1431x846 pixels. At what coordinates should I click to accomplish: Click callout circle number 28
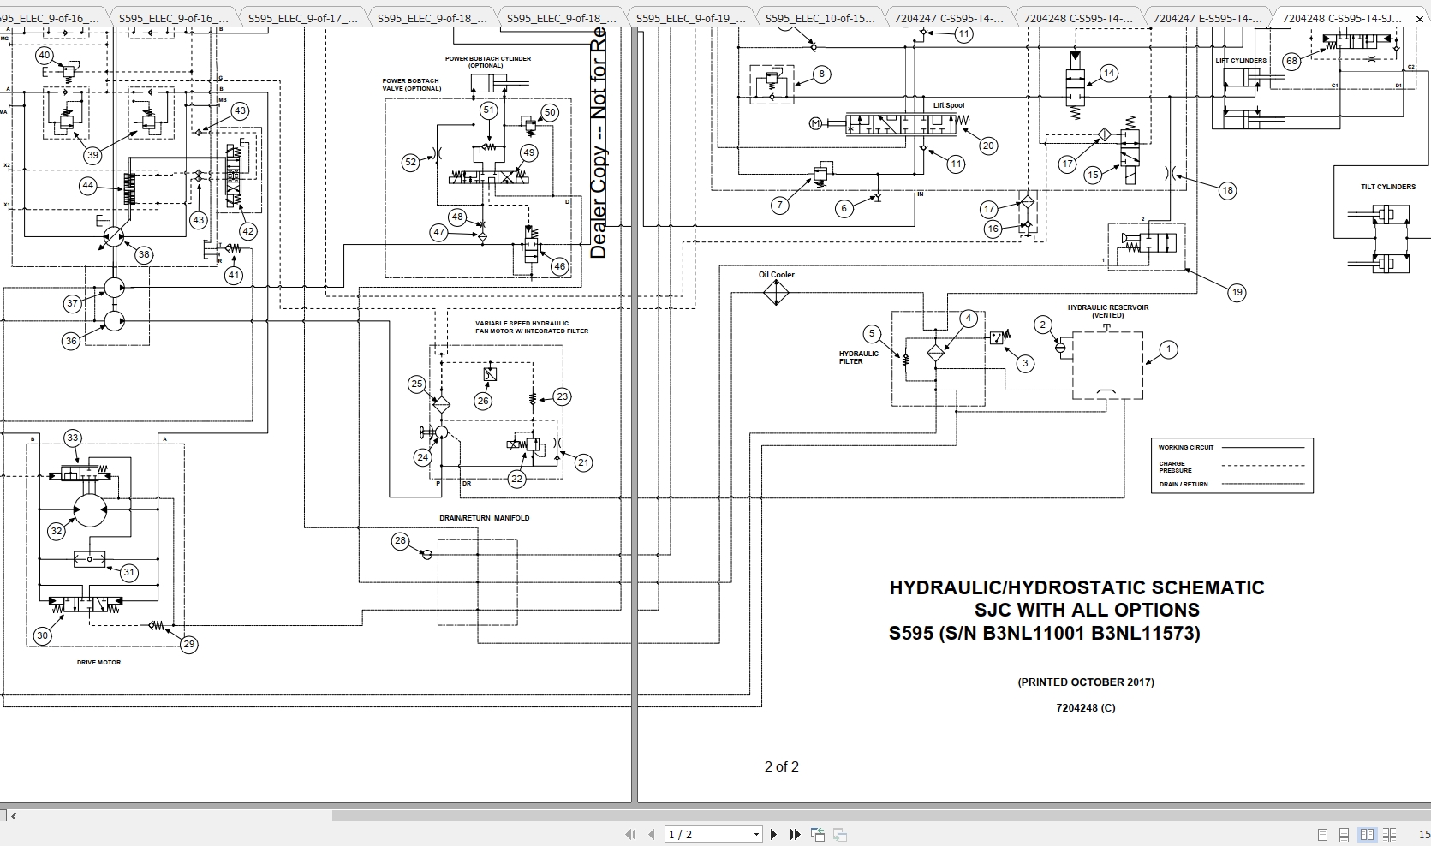click(400, 540)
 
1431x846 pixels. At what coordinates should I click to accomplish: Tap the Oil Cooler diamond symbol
click(776, 293)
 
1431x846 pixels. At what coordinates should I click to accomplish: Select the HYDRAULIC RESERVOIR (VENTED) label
click(1107, 311)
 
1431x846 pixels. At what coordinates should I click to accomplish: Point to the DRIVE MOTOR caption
click(98, 662)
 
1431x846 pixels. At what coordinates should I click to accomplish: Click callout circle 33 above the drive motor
click(73, 438)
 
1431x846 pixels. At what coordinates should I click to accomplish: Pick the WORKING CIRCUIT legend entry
click(1186, 447)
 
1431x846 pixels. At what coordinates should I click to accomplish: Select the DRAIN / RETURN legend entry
click(1184, 484)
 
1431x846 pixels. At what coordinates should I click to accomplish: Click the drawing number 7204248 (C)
click(1085, 707)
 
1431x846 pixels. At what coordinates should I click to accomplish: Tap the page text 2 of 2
click(781, 766)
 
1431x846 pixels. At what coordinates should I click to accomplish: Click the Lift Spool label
click(948, 105)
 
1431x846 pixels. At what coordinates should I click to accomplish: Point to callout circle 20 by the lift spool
click(988, 146)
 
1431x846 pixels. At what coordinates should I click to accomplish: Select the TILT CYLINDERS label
click(1387, 187)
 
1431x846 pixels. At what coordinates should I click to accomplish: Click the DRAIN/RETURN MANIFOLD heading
click(484, 518)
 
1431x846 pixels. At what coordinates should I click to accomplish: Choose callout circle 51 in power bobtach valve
click(489, 110)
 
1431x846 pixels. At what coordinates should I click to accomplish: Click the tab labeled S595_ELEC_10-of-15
click(820, 18)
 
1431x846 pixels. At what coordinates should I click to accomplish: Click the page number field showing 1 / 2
click(712, 834)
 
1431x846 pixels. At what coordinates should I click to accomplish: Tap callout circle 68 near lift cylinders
click(1291, 61)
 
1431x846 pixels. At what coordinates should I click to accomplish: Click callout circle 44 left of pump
click(87, 185)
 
